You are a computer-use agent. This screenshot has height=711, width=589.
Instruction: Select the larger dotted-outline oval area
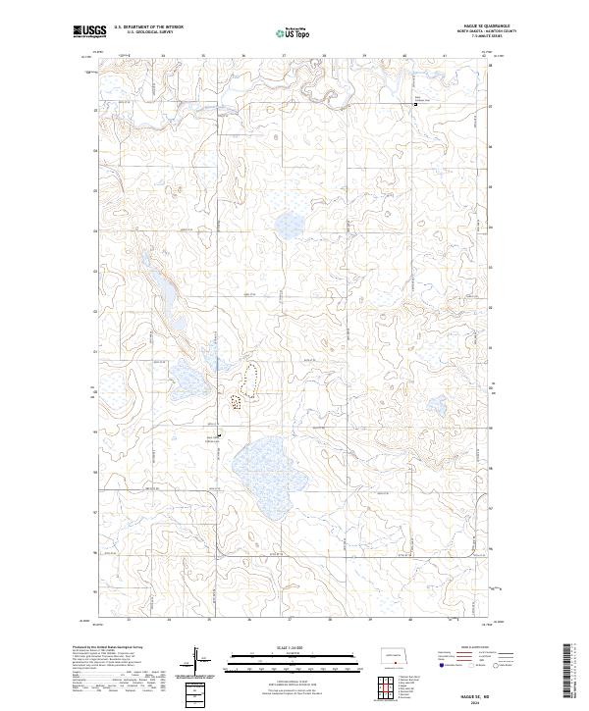pyautogui.click(x=251, y=377)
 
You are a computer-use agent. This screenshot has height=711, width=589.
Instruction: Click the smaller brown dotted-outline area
pyautogui.click(x=236, y=400)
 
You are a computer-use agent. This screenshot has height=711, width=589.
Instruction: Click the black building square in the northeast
pyautogui.click(x=414, y=102)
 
